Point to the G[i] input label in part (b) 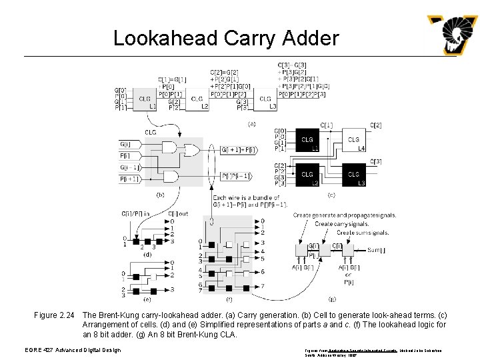pyautogui.click(x=126, y=144)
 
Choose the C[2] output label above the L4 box pyautogui.click(x=376, y=125)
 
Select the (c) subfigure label pyautogui.click(x=331, y=195)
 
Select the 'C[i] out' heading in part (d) pyautogui.click(x=177, y=213)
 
